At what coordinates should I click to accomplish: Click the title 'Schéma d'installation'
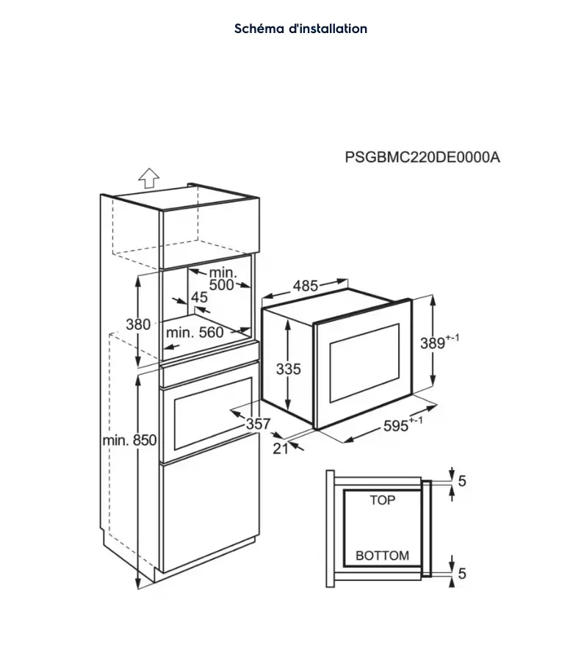coord(300,29)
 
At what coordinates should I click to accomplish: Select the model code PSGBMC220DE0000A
coord(422,157)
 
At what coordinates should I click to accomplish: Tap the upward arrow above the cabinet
coord(149,178)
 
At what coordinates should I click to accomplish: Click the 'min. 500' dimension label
coord(222,278)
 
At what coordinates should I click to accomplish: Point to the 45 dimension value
coord(199,297)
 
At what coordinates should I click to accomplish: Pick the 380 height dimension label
coord(138,325)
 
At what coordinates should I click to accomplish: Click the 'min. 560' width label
coord(195,332)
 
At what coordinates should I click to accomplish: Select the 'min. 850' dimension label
coord(129,440)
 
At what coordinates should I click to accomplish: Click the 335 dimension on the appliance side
coord(289,369)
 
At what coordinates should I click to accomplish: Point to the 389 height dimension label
coord(439,342)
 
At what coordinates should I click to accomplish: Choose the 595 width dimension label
coord(403,424)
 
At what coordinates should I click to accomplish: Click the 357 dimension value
coord(258,424)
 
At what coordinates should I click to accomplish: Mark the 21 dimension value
coord(281,448)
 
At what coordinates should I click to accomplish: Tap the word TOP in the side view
coord(382,500)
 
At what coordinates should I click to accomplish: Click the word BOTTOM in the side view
coord(382,555)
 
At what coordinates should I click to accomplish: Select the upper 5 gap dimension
coord(462,481)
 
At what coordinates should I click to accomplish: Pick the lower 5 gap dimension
coord(462,573)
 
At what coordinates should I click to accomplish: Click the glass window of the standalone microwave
coord(364,363)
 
